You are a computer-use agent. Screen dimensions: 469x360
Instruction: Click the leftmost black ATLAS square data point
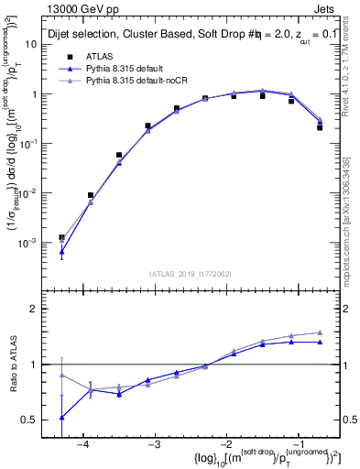tap(61, 237)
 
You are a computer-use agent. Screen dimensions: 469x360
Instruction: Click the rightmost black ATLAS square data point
tap(320, 127)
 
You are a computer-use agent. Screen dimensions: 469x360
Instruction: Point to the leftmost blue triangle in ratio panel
tap(61, 417)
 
